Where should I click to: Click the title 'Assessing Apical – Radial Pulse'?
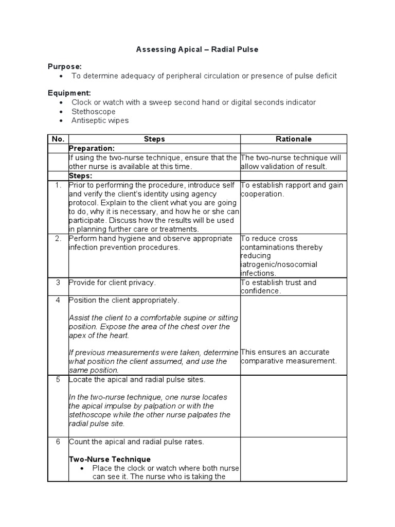[197, 49]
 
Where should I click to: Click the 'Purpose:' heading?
[65, 66]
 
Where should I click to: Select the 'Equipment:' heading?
[69, 93]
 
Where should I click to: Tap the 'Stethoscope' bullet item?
[93, 111]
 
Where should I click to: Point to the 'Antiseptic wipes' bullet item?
[100, 120]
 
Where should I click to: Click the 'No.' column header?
[58, 139]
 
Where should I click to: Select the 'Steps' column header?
[154, 139]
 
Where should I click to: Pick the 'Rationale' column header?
[294, 139]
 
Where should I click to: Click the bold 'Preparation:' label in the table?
[92, 148]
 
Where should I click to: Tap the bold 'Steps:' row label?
[80, 175]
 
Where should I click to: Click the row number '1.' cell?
[58, 185]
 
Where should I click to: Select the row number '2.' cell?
[58, 238]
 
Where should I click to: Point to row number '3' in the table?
[58, 282]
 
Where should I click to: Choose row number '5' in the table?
[58, 379]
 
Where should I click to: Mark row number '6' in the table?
[58, 441]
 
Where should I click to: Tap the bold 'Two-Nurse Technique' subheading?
[110, 459]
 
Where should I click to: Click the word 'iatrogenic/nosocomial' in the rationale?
[278, 265]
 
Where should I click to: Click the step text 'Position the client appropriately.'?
[124, 300]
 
